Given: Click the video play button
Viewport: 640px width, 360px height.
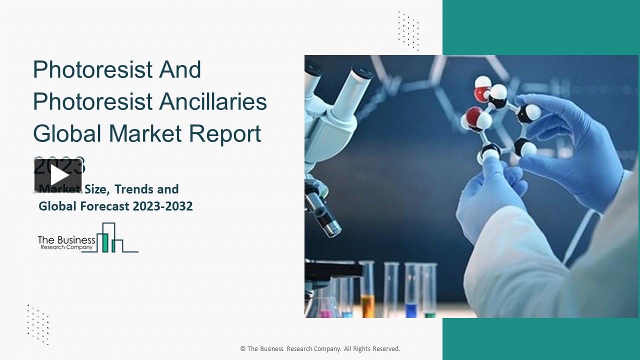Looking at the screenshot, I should (x=58, y=175).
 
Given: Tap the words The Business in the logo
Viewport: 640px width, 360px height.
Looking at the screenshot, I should (x=66, y=239).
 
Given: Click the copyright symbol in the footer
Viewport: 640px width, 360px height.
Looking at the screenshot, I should (x=243, y=349).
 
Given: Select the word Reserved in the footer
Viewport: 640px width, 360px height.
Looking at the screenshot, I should (x=384, y=349).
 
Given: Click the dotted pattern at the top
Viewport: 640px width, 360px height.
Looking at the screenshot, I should (x=408, y=30).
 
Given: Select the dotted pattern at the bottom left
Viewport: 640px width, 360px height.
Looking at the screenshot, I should (x=38, y=324).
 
